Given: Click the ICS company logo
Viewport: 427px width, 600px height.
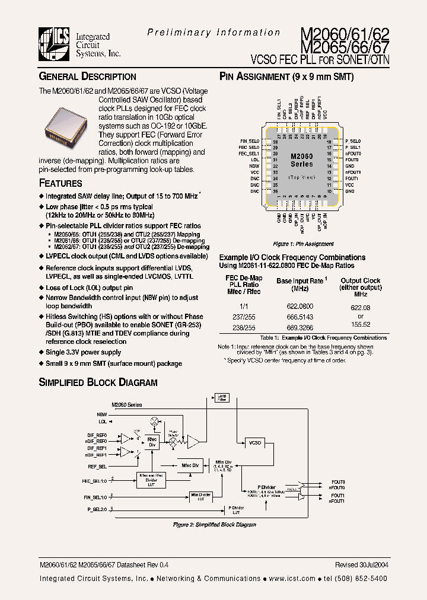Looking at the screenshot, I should click(55, 44).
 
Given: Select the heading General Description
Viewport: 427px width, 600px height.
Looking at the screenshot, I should click(88, 76).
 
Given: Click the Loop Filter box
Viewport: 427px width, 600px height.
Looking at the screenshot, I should click(222, 398).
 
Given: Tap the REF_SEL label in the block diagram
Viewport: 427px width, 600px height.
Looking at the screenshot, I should click(98, 466).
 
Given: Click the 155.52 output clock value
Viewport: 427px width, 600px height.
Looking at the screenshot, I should click(360, 324).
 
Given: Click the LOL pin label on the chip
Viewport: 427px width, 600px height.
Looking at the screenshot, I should click(255, 160).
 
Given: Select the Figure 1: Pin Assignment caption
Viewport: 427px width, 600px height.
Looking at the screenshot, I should click(303, 244).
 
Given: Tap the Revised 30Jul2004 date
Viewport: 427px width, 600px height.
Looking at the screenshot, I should click(361, 565).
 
